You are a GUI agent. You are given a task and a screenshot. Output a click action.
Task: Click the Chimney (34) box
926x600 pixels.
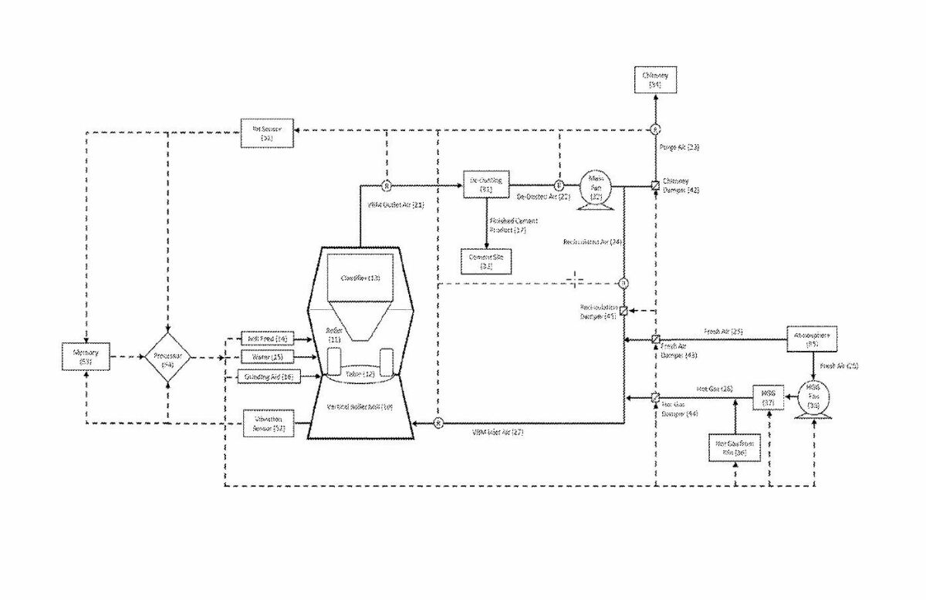point(654,79)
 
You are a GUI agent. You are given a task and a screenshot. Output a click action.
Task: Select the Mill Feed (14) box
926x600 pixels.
point(268,339)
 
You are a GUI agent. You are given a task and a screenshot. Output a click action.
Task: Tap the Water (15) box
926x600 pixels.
point(268,357)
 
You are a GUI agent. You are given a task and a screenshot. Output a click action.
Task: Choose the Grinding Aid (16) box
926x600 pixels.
point(268,376)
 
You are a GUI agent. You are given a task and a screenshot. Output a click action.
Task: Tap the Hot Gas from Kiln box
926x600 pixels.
point(735,448)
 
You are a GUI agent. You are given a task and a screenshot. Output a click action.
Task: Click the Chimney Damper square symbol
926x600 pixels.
point(654,186)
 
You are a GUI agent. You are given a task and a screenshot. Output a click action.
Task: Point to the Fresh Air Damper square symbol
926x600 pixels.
point(654,339)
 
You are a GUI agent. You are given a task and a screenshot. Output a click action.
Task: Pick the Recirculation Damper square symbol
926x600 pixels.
point(624,311)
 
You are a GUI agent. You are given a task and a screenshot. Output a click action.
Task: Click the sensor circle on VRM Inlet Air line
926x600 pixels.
point(438,423)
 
